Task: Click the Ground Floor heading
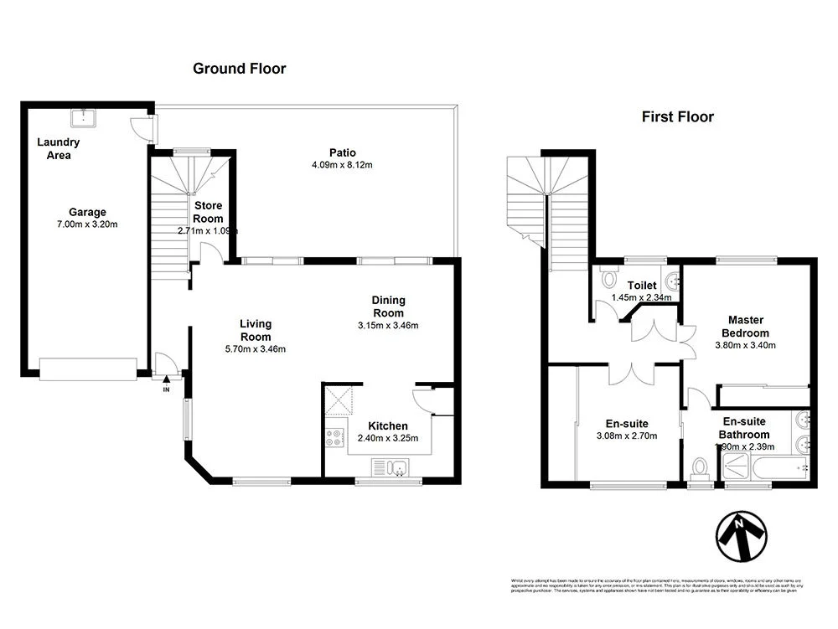click(239, 69)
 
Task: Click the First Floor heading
click(677, 117)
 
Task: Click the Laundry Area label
click(59, 148)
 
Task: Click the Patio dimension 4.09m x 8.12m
click(341, 165)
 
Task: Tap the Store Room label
click(208, 212)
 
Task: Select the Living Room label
click(255, 330)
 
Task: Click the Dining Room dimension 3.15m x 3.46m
click(388, 326)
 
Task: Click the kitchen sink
click(390, 467)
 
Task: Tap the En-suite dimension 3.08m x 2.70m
click(627, 436)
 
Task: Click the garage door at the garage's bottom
click(88, 369)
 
